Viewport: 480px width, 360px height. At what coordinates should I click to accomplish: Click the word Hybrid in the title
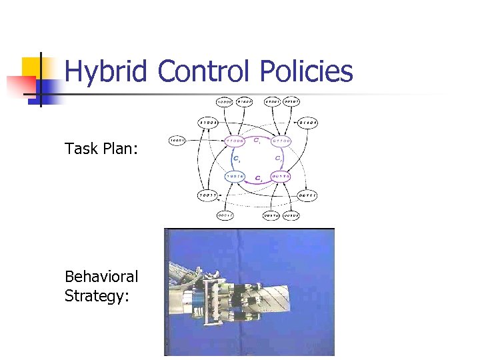[106, 71]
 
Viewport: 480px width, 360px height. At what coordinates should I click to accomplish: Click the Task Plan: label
[101, 148]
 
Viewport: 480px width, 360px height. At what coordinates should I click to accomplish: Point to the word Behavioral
[101, 276]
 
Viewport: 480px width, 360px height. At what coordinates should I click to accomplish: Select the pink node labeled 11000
[235, 141]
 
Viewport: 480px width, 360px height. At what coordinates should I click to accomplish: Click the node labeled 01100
[282, 141]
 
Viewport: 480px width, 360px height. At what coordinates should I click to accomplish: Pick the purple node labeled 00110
[282, 177]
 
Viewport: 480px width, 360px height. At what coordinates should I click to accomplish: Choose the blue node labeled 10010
[235, 177]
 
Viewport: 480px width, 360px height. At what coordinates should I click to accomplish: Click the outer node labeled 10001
[177, 140]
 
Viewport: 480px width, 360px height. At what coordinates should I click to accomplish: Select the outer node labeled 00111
[307, 195]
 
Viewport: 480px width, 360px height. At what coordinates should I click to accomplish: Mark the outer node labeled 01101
[307, 122]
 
